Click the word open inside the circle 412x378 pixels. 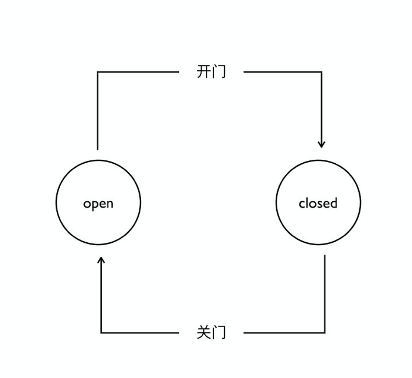(98, 204)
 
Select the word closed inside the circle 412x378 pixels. (318, 203)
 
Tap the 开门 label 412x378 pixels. (211, 71)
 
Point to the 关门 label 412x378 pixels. (211, 332)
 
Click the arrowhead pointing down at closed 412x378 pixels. (321, 145)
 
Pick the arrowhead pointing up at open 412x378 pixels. (101, 260)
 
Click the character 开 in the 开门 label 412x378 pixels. (204, 71)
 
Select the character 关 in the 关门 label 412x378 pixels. (204, 332)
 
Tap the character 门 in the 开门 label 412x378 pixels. (219, 71)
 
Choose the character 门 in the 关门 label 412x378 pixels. (219, 332)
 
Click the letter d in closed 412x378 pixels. (334, 203)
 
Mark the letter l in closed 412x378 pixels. (307, 203)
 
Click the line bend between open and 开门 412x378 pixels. (98, 72)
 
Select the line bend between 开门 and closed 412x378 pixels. (321, 72)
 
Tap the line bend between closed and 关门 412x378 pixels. (325, 333)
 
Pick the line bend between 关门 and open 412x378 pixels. (101, 333)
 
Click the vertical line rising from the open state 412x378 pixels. (98, 111)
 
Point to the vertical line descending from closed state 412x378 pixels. (325, 294)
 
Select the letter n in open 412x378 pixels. (110, 204)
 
